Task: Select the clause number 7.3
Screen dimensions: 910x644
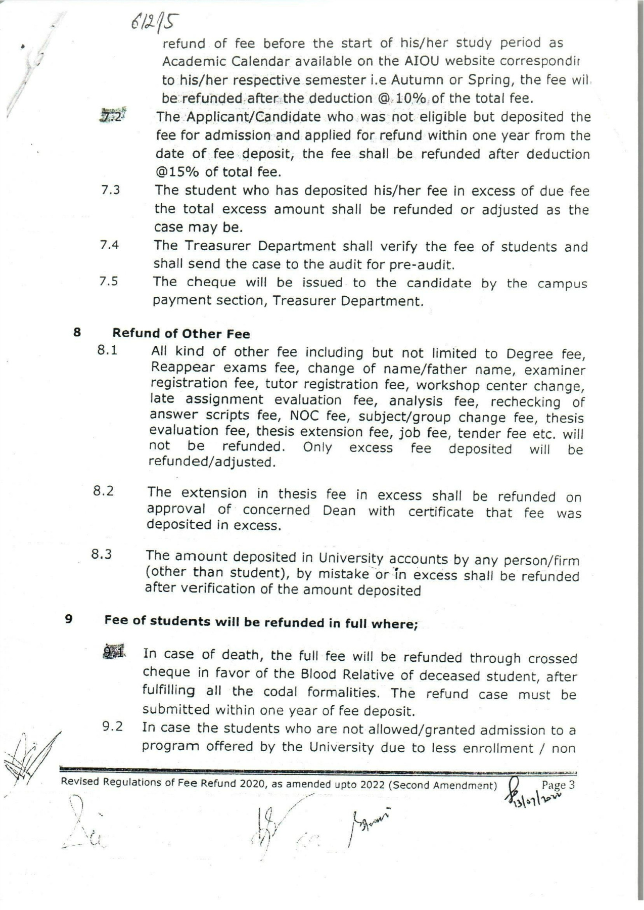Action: tap(110, 191)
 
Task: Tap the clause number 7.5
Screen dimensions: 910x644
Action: tap(109, 282)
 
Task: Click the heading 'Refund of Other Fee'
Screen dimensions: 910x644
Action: tap(181, 334)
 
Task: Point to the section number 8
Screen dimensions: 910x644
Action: tap(77, 332)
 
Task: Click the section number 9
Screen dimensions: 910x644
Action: tap(69, 618)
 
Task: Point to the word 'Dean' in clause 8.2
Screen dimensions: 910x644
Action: tap(339, 510)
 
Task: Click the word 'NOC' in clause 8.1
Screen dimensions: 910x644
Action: tap(303, 416)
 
